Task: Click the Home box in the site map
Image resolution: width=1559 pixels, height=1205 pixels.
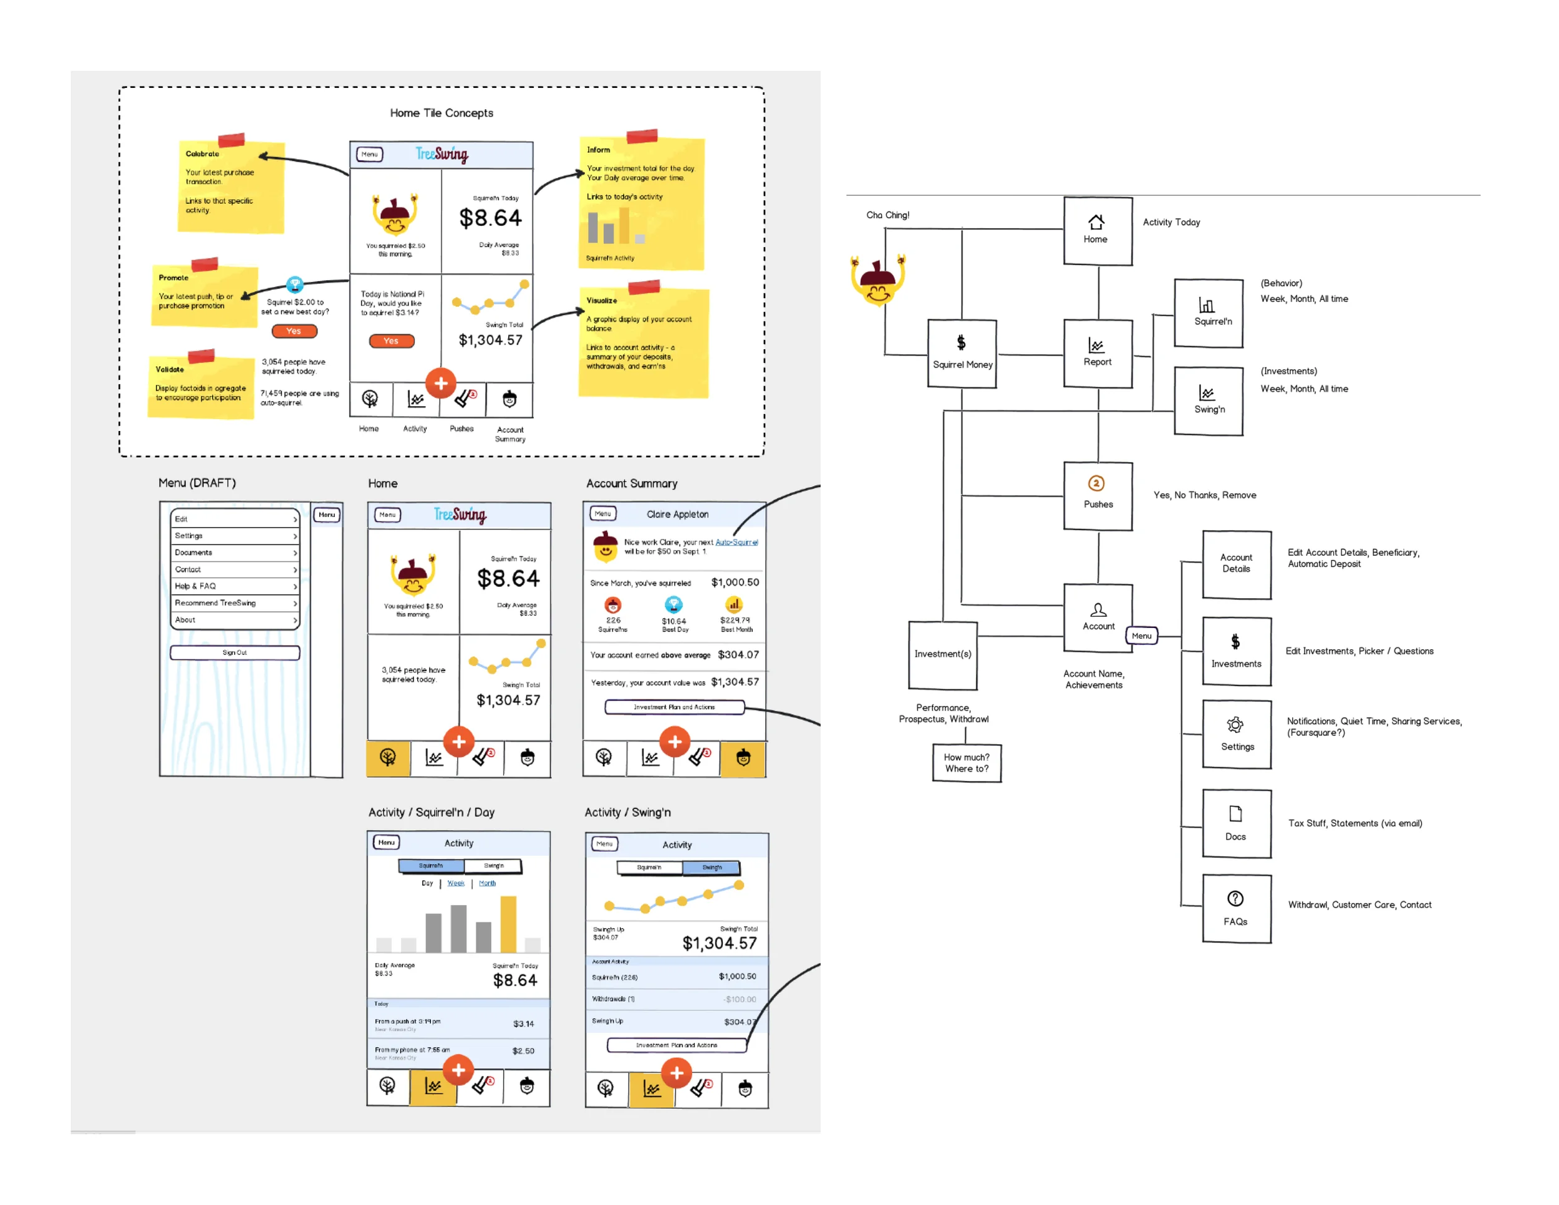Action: (1097, 231)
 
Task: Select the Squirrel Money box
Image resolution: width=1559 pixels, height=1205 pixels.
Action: (962, 354)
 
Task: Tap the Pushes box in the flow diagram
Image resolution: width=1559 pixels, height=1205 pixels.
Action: (1097, 495)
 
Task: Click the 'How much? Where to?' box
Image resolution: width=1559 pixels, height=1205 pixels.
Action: (967, 762)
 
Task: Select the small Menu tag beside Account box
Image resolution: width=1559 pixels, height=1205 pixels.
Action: (1141, 636)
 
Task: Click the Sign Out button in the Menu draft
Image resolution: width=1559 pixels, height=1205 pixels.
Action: (235, 652)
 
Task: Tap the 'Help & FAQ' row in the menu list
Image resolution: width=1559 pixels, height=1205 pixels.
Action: (235, 586)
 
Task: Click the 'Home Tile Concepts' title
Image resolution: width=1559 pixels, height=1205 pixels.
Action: (441, 113)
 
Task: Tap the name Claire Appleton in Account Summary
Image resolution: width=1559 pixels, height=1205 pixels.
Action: (677, 514)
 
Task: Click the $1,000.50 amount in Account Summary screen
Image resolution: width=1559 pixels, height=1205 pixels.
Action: (735, 583)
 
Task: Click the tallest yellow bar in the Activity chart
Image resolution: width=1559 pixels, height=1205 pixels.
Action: (508, 924)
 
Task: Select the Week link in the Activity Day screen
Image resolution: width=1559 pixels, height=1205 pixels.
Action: (455, 883)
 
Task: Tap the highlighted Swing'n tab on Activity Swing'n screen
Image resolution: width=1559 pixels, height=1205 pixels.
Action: (711, 868)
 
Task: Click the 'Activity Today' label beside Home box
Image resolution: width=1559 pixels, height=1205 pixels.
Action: (1170, 222)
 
